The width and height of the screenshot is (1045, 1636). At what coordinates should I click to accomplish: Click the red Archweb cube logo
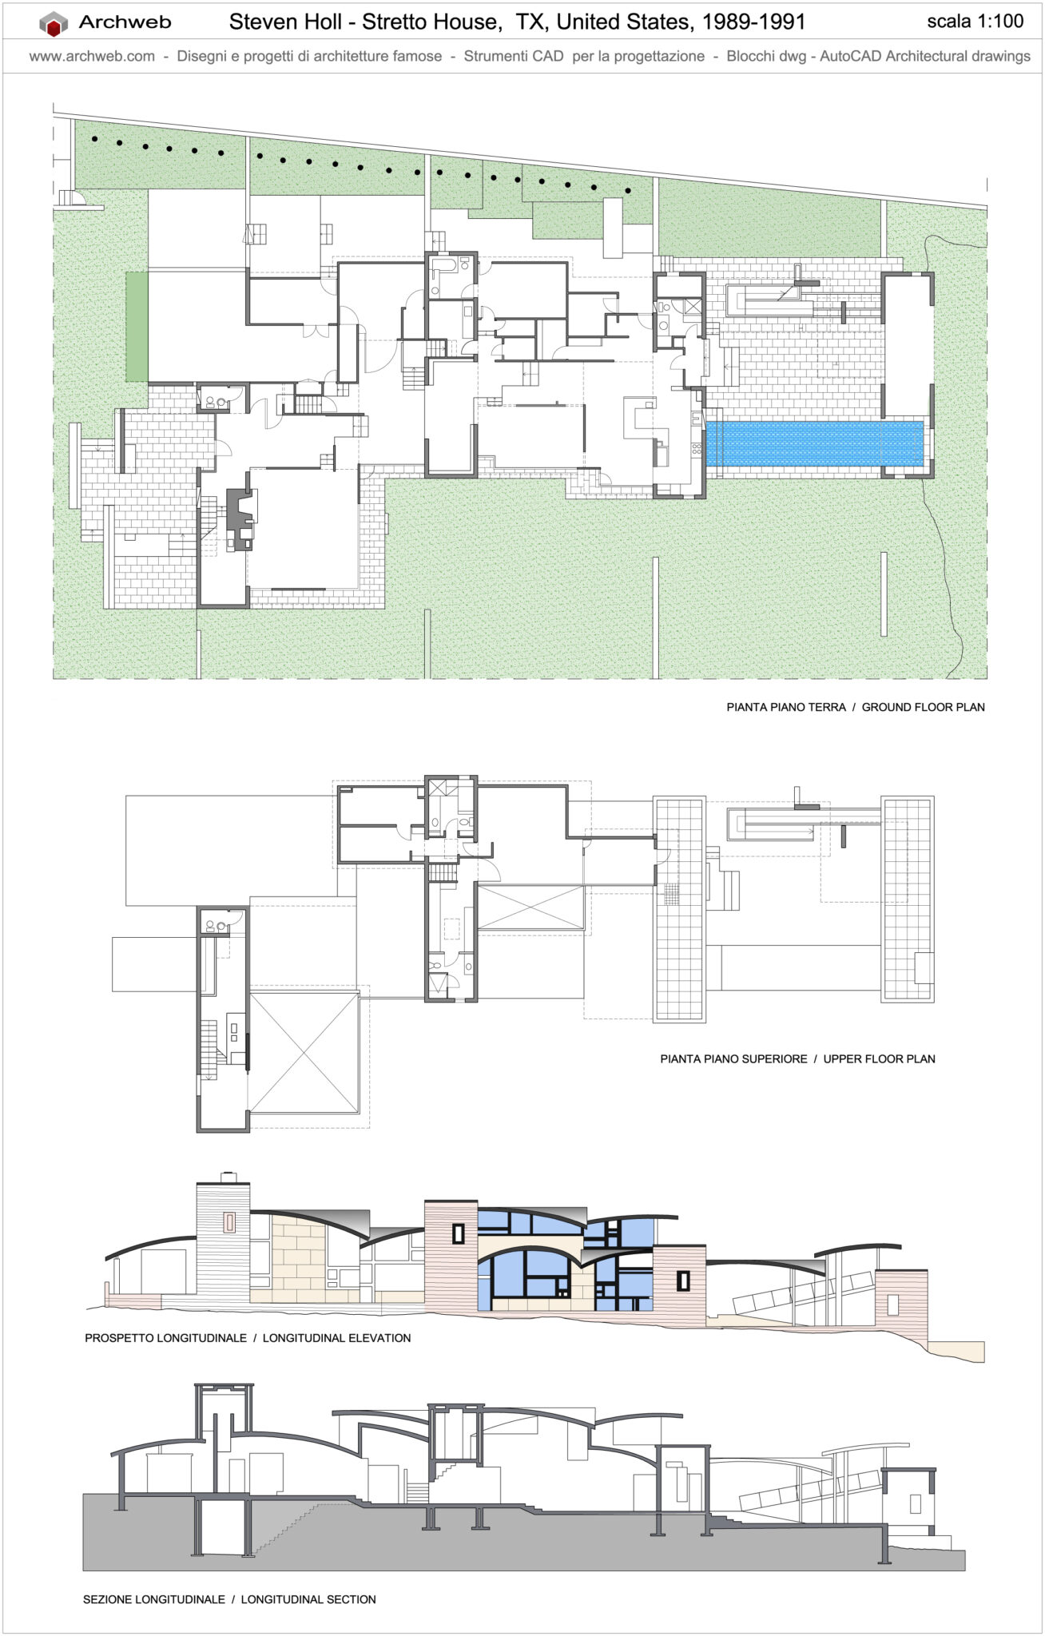[x=54, y=24]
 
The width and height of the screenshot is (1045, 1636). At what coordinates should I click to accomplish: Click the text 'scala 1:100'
[x=975, y=22]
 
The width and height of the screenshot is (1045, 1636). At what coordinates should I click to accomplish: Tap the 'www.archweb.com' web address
[x=92, y=56]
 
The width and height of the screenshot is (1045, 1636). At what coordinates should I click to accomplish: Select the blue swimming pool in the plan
[x=815, y=443]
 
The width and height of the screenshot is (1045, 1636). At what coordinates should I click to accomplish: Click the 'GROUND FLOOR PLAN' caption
[x=923, y=707]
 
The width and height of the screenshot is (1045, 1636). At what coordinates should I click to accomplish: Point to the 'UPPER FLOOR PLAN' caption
[x=879, y=1058]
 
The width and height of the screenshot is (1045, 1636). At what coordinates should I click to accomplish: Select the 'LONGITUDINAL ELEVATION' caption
[x=336, y=1338]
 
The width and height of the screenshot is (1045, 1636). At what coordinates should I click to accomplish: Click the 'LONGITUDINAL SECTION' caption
[x=308, y=1599]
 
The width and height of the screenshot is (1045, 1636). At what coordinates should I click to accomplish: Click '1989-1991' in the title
[x=753, y=22]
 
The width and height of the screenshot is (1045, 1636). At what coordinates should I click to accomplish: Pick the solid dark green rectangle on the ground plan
[x=137, y=326]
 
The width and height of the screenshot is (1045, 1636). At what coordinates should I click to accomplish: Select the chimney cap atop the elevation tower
[x=228, y=1177]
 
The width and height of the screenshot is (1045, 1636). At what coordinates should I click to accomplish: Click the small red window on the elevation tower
[x=229, y=1221]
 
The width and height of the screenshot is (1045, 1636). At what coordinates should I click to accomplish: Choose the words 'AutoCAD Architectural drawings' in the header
[x=924, y=56]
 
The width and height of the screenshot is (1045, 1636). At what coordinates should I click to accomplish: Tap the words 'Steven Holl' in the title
[x=284, y=22]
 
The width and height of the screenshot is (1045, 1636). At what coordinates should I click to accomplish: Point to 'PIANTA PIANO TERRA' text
[x=785, y=707]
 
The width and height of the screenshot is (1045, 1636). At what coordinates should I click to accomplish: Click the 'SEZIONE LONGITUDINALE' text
[x=154, y=1599]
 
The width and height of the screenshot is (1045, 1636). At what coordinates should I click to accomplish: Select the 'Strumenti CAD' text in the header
[x=513, y=56]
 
